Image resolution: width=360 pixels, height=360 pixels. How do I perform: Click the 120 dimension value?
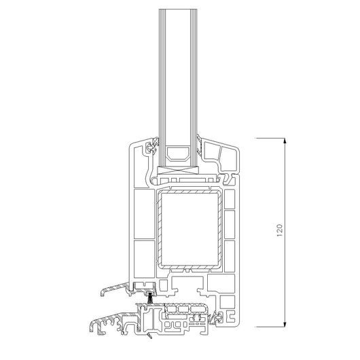(279, 230)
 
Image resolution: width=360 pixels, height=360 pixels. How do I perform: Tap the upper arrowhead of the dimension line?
(285, 141)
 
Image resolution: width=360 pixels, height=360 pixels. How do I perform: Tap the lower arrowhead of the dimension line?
(285, 324)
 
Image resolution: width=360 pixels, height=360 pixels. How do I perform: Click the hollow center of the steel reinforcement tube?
(190, 229)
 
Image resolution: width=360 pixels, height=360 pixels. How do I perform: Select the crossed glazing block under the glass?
(178, 170)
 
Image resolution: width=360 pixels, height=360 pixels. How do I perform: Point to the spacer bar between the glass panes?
(178, 154)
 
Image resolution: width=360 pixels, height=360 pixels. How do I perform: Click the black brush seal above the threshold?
(150, 298)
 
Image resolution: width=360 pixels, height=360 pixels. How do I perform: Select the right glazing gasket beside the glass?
(199, 146)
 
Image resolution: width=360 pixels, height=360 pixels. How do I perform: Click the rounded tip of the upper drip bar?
(103, 293)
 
